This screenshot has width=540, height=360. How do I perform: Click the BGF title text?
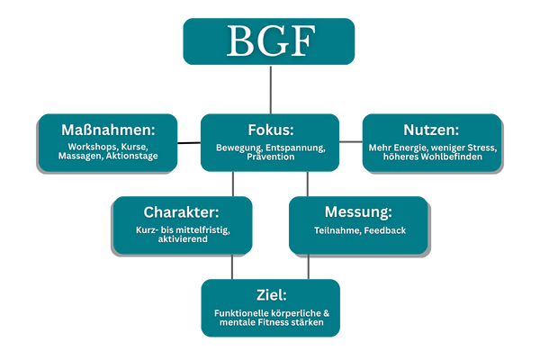coord(269,41)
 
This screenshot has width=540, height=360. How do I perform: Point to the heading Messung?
coord(356,213)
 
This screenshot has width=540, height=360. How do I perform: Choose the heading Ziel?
coord(270,294)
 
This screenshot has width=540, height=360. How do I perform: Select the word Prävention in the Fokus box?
coord(270,157)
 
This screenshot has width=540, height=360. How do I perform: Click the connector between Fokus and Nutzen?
coord(351,142)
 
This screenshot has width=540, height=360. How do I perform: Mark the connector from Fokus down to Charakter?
coord(233,184)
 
